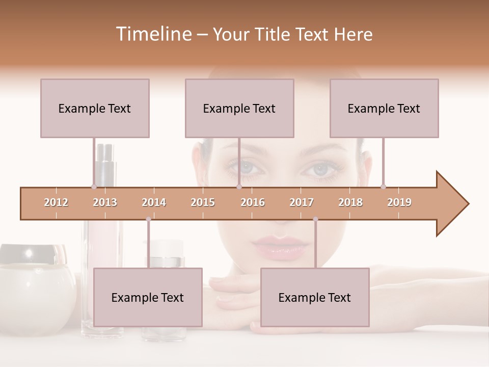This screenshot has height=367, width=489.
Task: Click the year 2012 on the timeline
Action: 56,202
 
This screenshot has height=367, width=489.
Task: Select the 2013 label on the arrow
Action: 105,202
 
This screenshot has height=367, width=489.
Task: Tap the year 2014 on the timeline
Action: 154,202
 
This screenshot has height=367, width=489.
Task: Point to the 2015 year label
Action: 203,202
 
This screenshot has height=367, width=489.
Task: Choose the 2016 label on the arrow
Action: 253,202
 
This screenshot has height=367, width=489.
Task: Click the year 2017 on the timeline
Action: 302,202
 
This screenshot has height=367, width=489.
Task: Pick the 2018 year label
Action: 350,202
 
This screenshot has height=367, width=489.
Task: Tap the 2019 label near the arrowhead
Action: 399,202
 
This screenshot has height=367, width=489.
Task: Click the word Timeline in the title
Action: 153,34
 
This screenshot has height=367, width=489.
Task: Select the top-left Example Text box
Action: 95,108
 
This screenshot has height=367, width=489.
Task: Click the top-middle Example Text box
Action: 239,108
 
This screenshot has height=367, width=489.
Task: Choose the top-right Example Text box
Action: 384,108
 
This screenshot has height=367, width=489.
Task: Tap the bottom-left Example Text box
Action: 148,297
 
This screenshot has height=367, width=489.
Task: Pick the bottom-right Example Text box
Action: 315,297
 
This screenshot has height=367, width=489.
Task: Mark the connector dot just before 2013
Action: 94,187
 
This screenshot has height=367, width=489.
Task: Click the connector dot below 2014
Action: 148,219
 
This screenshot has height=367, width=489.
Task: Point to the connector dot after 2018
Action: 383,187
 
